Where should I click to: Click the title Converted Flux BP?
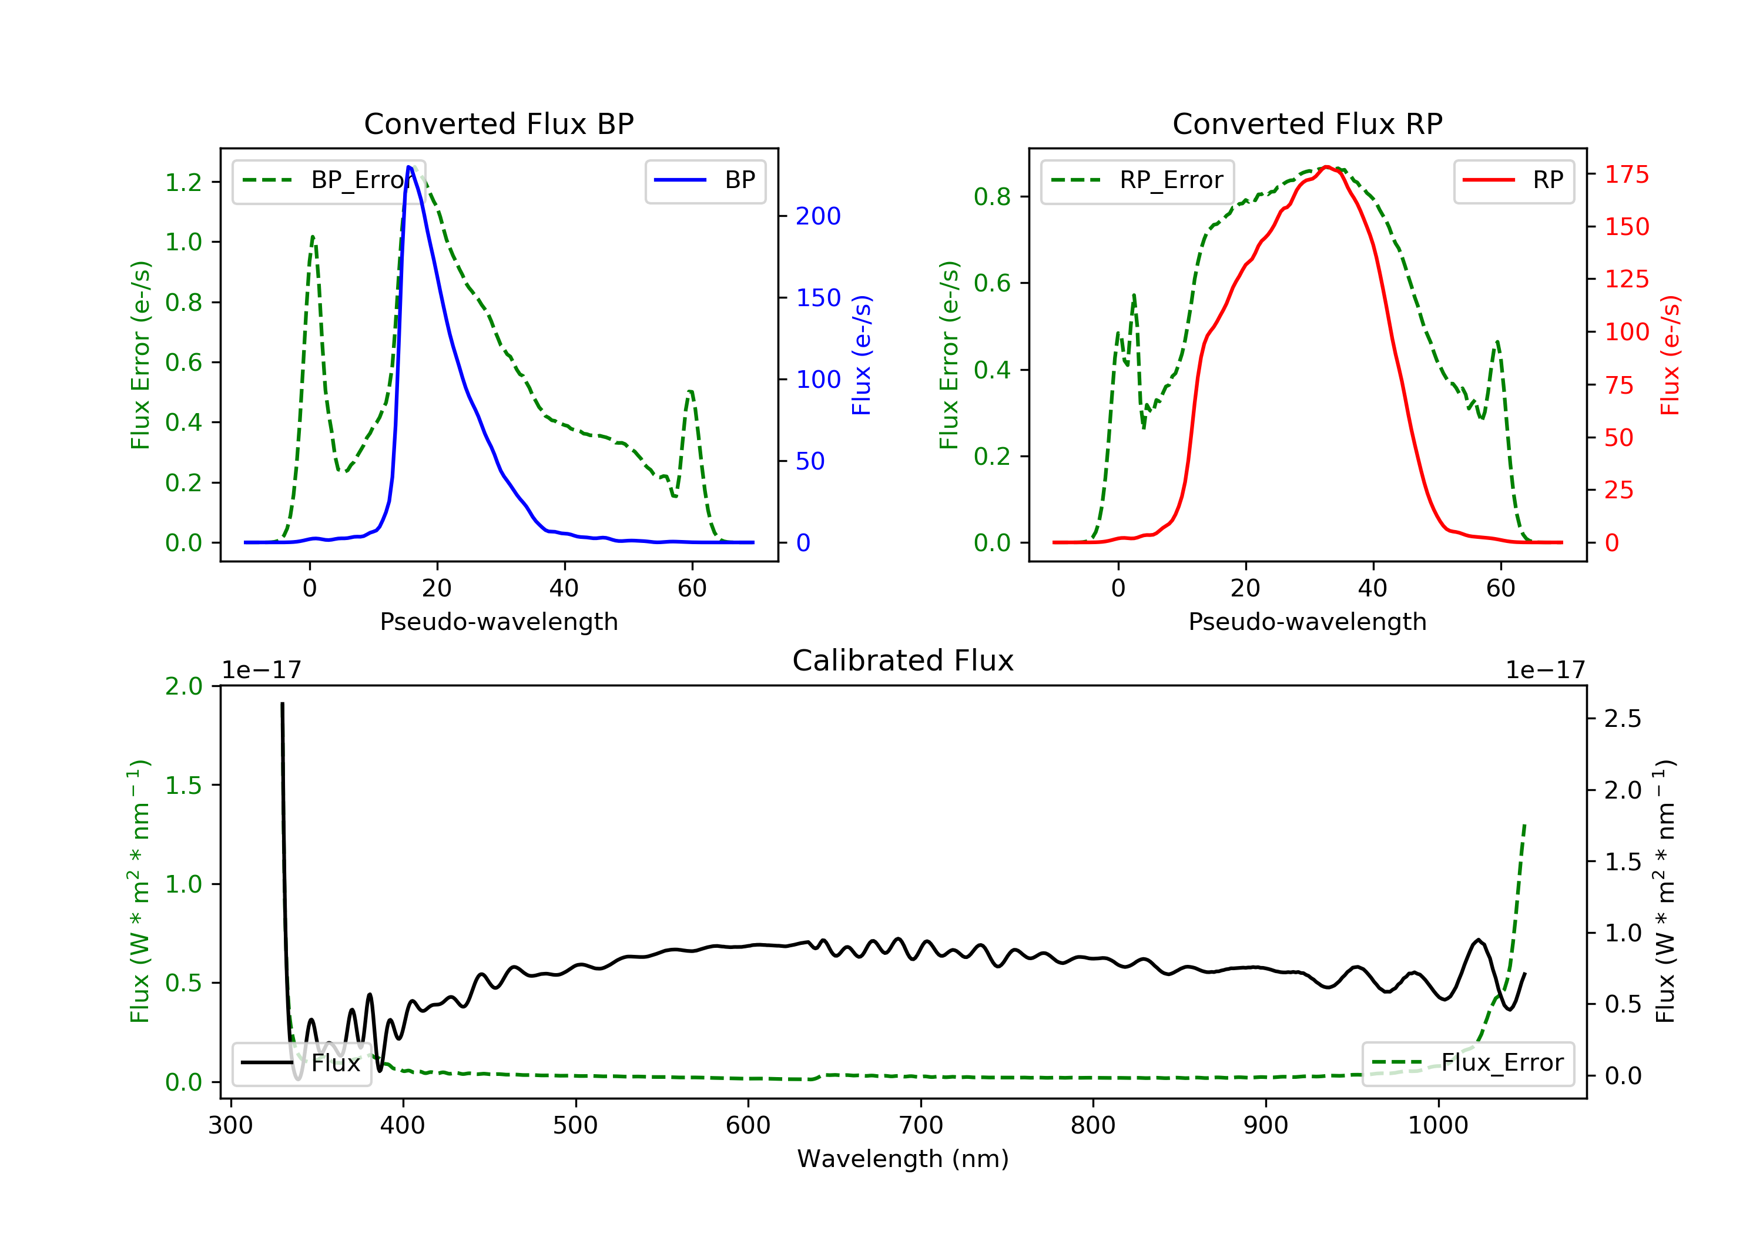[498, 123]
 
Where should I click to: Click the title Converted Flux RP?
[1307, 123]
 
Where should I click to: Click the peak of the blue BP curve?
[409, 167]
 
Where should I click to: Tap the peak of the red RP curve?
[1326, 167]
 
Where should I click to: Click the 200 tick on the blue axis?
[818, 216]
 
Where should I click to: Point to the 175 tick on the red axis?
[1626, 175]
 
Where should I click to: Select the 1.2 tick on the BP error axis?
[183, 182]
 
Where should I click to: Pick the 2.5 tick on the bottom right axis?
[1623, 719]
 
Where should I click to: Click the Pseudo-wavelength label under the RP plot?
[1307, 621]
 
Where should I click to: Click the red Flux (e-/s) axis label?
[1670, 355]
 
